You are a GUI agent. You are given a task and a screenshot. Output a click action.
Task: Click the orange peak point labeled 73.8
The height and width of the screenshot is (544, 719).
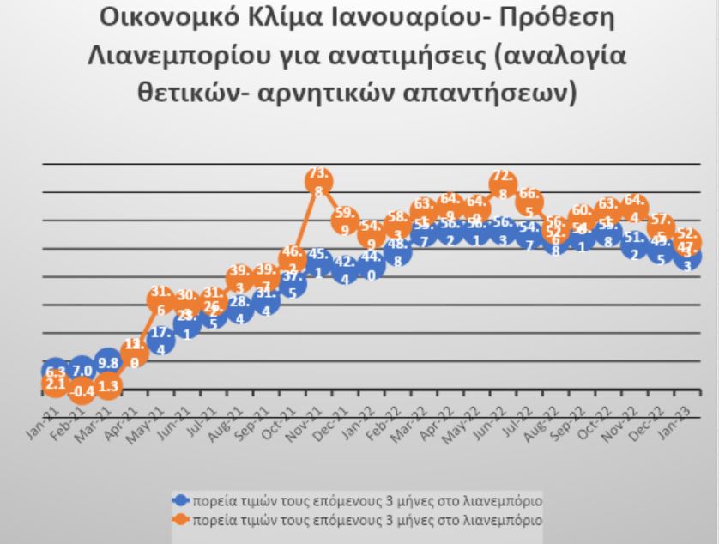click(318, 183)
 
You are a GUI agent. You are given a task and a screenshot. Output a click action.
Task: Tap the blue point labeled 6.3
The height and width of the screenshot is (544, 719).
click(55, 372)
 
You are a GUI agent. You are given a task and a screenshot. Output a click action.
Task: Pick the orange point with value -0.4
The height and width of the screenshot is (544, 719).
click(82, 390)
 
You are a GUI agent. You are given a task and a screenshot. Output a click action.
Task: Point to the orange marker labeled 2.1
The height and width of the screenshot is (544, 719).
click(55, 385)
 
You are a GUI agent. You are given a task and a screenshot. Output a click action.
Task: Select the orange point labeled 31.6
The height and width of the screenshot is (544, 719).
click(160, 300)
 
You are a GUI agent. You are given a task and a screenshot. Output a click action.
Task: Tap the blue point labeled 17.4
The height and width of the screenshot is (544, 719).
click(160, 342)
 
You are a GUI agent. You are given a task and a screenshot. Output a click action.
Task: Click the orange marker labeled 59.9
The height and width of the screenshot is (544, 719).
click(345, 221)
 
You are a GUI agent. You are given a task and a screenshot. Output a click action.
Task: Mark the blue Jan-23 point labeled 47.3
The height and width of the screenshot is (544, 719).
click(686, 256)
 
